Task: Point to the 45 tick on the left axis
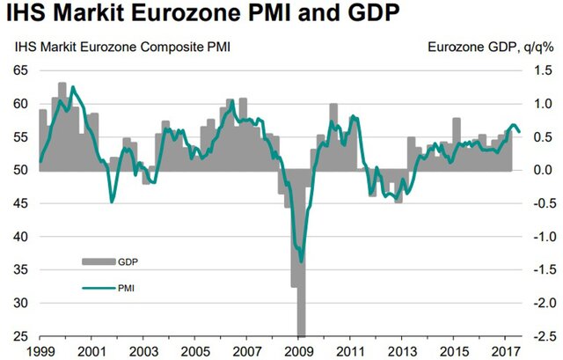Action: coord(18,203)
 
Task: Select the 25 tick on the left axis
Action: coord(18,337)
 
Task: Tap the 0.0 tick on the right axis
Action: coord(543,170)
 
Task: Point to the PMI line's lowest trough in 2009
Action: coord(302,261)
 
